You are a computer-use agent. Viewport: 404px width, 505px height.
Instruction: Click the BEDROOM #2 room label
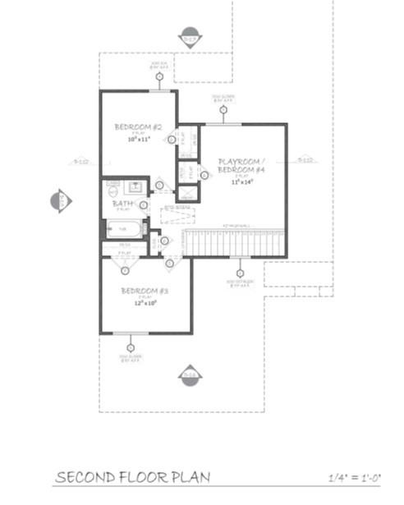[137, 126]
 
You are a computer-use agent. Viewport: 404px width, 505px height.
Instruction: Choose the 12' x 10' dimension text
[145, 302]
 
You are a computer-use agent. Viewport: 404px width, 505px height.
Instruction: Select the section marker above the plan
[190, 38]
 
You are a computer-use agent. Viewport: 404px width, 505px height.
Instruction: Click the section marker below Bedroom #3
[190, 374]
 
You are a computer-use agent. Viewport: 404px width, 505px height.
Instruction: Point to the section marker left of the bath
[61, 200]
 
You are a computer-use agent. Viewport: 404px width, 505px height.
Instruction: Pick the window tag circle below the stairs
[240, 272]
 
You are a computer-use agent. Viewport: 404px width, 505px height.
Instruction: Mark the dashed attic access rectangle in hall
[177, 215]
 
